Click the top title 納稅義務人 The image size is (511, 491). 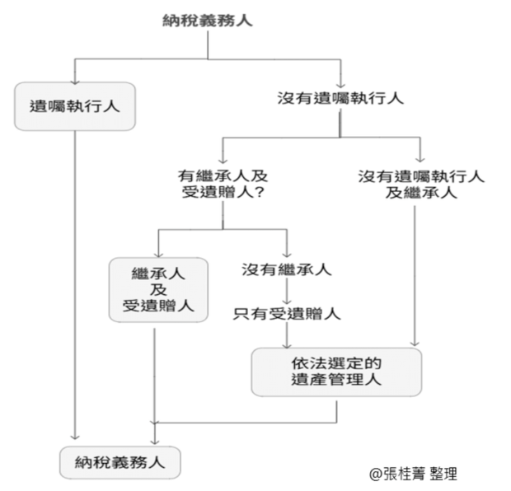pos(208,21)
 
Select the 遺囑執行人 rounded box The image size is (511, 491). pos(75,106)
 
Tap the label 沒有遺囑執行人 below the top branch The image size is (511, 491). pos(340,98)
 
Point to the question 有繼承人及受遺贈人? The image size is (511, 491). pos(223,184)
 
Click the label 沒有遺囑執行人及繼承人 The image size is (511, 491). pos(421,185)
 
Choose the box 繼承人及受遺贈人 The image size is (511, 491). pos(158,290)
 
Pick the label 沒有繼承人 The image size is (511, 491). pos(287,269)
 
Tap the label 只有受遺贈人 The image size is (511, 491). pos(287,314)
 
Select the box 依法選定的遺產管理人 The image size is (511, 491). pos(336,372)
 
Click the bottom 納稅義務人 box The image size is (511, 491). pos(120,463)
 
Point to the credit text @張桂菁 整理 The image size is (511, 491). pos(413,474)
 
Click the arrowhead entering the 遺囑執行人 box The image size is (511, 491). pos(75,82)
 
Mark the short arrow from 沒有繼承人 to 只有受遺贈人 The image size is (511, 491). pos(287,292)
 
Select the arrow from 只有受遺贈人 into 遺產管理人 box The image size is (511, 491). pos(287,335)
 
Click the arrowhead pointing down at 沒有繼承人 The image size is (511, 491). pos(287,254)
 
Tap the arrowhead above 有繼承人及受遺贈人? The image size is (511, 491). pos(223,160)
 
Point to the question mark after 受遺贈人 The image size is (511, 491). pos(260,192)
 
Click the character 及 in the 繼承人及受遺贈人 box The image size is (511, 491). pos(158,290)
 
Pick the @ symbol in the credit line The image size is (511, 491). pos(376,475)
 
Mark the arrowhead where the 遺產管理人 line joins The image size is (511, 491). pos(154,423)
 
